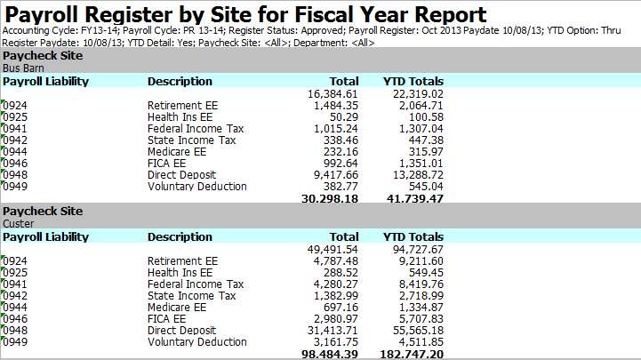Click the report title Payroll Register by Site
tap(245, 15)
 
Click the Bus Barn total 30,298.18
tap(330, 199)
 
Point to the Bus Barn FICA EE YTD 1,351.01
tap(418, 164)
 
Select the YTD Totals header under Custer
tap(413, 237)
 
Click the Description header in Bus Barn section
tap(180, 81)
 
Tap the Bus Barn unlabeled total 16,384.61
tap(332, 94)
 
